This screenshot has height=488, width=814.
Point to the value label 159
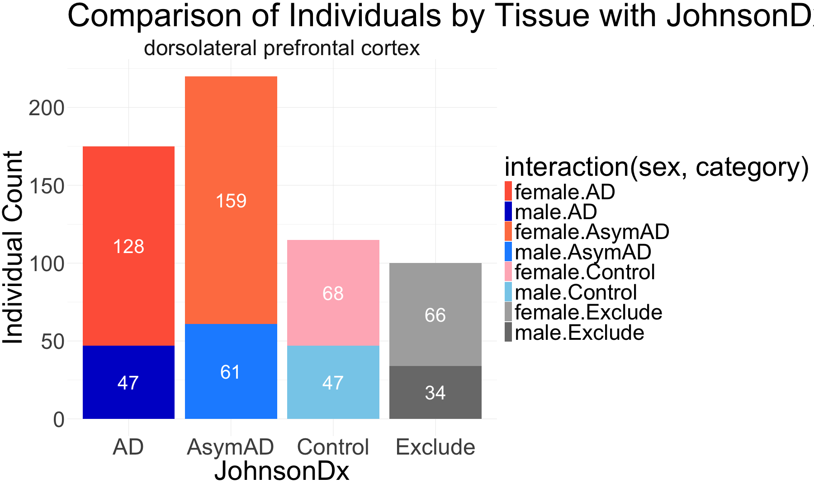(231, 201)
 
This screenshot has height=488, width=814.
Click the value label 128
(128, 247)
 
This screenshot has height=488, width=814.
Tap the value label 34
(435, 393)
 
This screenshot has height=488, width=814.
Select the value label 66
(435, 315)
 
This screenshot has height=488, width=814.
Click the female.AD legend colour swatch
(508, 191)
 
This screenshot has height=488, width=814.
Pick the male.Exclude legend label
(579, 333)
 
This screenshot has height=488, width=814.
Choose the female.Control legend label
(585, 272)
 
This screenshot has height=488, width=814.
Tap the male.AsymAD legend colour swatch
(508, 252)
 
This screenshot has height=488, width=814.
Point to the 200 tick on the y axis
(47, 108)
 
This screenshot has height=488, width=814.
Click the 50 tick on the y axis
(53, 342)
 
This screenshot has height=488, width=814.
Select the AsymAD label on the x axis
(231, 447)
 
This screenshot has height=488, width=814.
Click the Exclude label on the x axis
(435, 447)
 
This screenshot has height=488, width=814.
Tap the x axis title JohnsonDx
(282, 471)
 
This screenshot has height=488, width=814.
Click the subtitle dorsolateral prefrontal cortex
(282, 48)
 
